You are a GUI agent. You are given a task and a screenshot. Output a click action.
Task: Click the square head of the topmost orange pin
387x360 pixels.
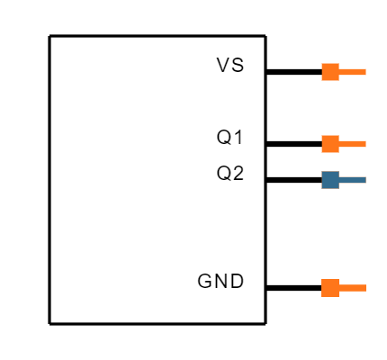tap(330, 72)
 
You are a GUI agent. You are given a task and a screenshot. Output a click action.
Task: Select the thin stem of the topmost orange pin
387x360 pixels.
tap(353, 72)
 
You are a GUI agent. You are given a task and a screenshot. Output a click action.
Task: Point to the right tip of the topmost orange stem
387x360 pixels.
tap(365, 72)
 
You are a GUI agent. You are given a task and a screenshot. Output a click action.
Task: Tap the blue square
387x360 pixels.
tap(330, 180)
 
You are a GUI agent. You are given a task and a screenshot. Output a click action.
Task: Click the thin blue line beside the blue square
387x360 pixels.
tap(353, 180)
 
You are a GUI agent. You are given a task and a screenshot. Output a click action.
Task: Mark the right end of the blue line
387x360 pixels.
tap(365, 180)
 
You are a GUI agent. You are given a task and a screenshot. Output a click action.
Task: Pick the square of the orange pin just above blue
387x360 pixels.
tap(330, 144)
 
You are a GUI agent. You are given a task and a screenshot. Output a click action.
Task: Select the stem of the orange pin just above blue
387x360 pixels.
tap(353, 144)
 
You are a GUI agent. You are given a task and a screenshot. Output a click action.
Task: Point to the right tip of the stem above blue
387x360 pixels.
tap(365, 144)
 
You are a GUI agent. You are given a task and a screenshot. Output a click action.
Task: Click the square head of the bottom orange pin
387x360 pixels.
tap(330, 288)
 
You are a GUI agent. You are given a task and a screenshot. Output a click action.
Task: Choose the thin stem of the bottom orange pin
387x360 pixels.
tap(353, 288)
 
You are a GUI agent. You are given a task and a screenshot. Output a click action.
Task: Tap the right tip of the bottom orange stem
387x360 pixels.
tap(365, 288)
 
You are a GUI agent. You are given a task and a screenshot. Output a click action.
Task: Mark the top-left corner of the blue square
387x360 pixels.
tap(322, 172)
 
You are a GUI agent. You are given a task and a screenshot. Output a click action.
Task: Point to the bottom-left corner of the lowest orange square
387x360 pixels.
tap(322, 296)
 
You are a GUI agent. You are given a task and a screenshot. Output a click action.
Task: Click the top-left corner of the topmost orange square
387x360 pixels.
tap(322, 64)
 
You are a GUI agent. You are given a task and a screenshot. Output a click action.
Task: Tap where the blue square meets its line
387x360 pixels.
tap(339, 180)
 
